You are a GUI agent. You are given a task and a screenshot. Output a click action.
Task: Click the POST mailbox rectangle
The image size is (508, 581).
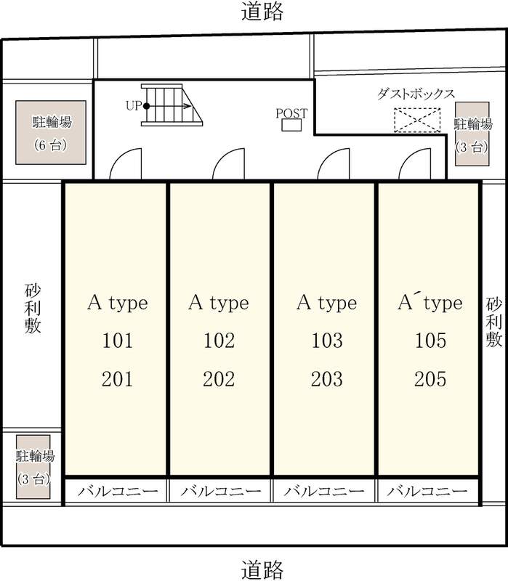(291, 125)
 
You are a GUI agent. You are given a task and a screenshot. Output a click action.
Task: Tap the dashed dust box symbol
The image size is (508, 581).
(417, 120)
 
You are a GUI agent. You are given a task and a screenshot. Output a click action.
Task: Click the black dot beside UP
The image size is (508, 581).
(147, 106)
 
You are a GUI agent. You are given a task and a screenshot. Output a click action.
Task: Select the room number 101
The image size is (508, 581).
(117, 340)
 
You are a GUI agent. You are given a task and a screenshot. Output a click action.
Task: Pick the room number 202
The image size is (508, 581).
(219, 378)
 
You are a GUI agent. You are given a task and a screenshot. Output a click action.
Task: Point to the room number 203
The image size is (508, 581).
(327, 378)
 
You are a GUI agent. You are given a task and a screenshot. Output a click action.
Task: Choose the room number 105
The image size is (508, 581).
(430, 340)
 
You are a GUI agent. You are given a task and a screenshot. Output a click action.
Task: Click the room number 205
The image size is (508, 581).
(430, 378)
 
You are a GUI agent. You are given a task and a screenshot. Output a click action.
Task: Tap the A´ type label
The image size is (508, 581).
(430, 303)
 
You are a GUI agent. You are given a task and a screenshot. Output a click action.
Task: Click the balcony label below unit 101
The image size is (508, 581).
(118, 492)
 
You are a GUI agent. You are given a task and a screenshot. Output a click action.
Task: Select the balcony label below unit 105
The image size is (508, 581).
(427, 492)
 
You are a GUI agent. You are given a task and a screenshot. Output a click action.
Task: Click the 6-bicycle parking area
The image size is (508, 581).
(51, 132)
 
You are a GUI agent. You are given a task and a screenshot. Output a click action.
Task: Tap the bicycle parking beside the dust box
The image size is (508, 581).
(472, 134)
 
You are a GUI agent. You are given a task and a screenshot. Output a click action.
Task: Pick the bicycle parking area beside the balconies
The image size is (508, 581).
(33, 467)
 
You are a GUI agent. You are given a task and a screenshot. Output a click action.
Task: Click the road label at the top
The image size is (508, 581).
(262, 11)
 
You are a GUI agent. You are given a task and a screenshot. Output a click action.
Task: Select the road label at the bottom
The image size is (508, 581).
(262, 569)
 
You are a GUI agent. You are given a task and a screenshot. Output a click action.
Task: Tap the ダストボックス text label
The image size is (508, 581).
(416, 94)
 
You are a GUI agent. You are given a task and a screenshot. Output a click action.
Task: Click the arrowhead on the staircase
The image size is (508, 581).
(188, 106)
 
